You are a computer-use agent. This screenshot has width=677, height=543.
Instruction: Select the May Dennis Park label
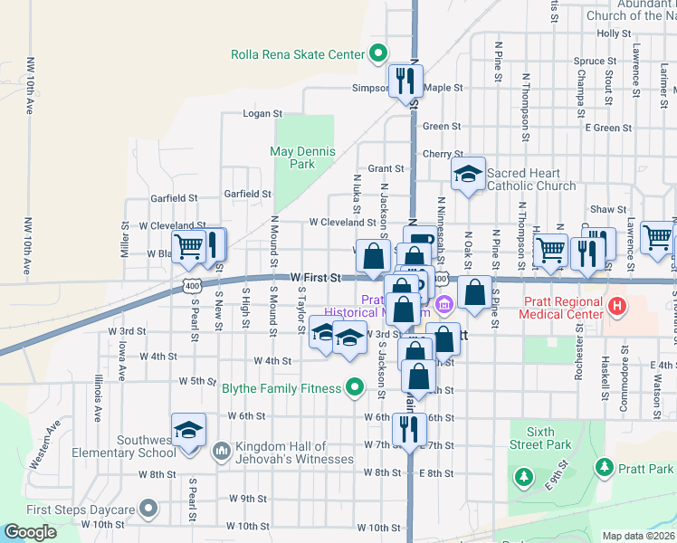click(303, 157)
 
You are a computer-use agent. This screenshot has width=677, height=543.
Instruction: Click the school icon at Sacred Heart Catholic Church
click(468, 176)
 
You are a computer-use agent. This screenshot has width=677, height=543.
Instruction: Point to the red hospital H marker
click(617, 307)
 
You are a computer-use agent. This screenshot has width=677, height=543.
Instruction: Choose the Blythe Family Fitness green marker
click(356, 389)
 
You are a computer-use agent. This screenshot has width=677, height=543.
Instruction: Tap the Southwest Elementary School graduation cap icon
click(189, 429)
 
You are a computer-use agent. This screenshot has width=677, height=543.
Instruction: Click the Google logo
click(30, 533)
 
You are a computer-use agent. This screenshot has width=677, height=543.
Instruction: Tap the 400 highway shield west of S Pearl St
click(190, 286)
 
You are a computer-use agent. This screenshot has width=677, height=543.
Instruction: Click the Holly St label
click(613, 33)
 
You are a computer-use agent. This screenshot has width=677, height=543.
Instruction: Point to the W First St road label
click(315, 278)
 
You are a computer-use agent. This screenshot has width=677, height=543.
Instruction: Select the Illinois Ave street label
click(97, 399)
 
